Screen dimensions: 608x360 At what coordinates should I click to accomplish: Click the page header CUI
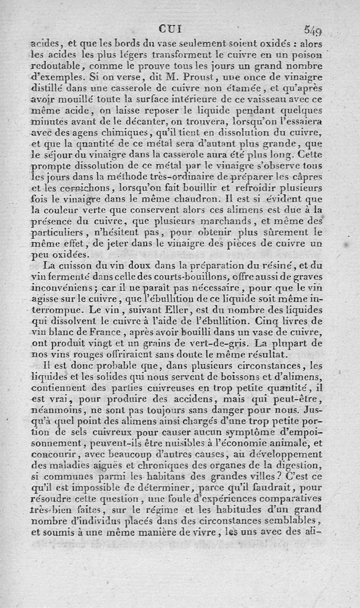coord(170,29)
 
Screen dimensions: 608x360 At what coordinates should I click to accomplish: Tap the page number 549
coord(312,31)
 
